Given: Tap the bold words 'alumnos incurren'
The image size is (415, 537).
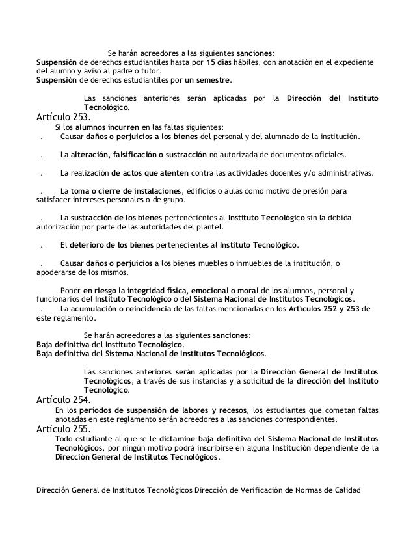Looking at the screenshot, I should [108, 128].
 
